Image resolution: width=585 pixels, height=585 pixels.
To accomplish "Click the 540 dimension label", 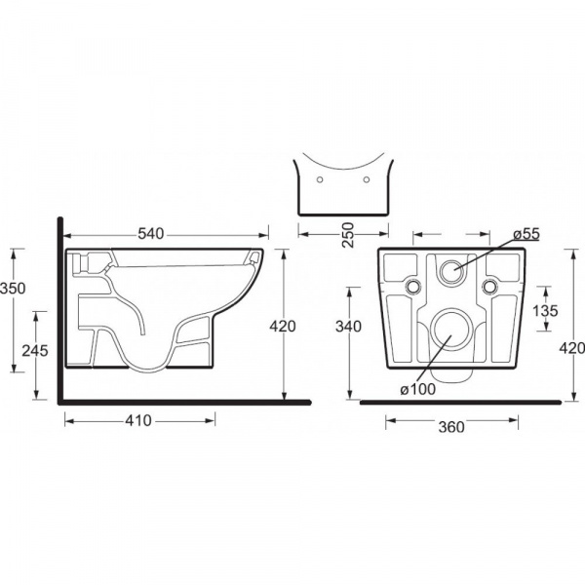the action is (151, 234).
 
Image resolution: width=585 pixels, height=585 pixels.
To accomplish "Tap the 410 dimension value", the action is (138, 420).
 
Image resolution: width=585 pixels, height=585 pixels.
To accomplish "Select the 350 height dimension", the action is (13, 289).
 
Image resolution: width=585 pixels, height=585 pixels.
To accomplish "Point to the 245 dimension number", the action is (35, 351).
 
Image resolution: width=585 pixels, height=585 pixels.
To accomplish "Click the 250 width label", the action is (348, 235).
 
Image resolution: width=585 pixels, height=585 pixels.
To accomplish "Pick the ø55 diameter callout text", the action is (526, 234).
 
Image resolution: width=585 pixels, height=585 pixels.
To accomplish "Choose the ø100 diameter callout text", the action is (418, 389).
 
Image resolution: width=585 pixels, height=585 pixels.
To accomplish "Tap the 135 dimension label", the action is (545, 310).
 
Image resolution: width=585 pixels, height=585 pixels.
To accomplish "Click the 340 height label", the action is (348, 327).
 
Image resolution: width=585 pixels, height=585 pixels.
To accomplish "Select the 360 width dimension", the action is (451, 427).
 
